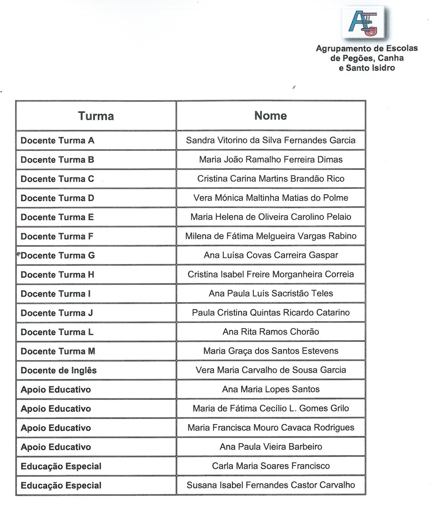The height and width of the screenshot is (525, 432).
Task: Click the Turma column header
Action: [96, 116]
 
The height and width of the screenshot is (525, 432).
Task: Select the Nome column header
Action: [271, 116]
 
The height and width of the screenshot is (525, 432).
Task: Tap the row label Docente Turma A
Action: [57, 141]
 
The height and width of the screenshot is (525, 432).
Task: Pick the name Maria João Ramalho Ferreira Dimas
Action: [271, 160]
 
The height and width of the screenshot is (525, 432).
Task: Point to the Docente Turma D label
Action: [57, 198]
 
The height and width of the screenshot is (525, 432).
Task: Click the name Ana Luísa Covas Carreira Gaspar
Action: [271, 255]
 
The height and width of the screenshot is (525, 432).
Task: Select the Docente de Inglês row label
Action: [59, 371]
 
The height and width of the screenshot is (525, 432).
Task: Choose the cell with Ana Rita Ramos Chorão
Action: [271, 332]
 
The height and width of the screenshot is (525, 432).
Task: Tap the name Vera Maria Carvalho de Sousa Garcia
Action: [271, 370]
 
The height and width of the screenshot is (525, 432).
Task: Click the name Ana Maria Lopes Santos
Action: [271, 389]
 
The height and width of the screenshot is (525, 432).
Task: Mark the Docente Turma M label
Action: [58, 351]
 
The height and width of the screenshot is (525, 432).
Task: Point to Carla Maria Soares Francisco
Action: [271, 466]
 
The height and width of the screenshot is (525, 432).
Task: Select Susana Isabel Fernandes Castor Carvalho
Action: [271, 485]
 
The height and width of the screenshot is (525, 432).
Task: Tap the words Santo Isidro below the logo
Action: [370, 68]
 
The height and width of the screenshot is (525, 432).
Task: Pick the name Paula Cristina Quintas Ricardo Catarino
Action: [271, 313]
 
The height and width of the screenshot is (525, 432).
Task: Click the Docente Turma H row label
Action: [57, 275]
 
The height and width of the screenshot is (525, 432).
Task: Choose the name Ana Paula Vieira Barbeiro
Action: [271, 447]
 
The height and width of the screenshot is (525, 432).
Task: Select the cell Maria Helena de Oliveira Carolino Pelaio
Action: [271, 217]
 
